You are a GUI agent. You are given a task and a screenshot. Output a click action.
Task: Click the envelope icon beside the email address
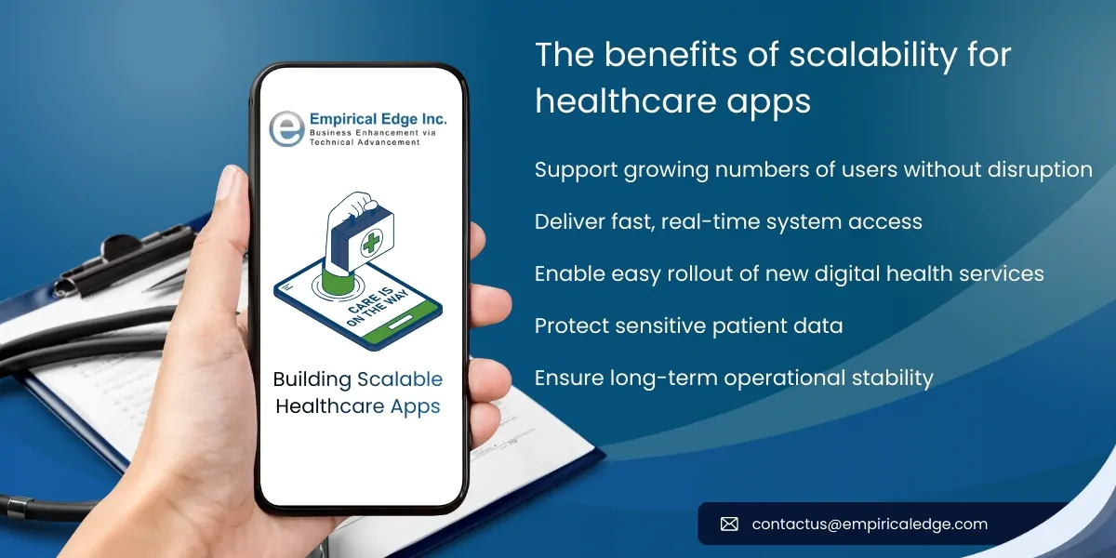[x=729, y=525]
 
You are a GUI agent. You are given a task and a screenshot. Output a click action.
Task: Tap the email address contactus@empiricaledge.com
[x=870, y=525]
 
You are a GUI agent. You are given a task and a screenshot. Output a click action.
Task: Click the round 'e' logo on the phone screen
[x=286, y=128]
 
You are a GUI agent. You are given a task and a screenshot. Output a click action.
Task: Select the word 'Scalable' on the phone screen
[x=400, y=379]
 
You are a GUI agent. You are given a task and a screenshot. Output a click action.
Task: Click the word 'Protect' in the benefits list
[x=568, y=326]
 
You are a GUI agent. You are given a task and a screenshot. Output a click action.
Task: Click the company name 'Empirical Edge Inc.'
[x=377, y=119]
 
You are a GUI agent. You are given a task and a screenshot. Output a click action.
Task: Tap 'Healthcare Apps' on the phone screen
[x=358, y=407]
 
